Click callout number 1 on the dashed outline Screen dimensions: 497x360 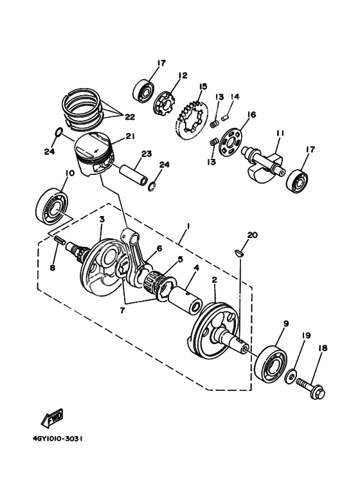point(188,226)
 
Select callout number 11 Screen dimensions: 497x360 point(280,133)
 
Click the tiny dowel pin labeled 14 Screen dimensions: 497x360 point(226,118)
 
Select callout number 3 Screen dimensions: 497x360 point(102,220)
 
